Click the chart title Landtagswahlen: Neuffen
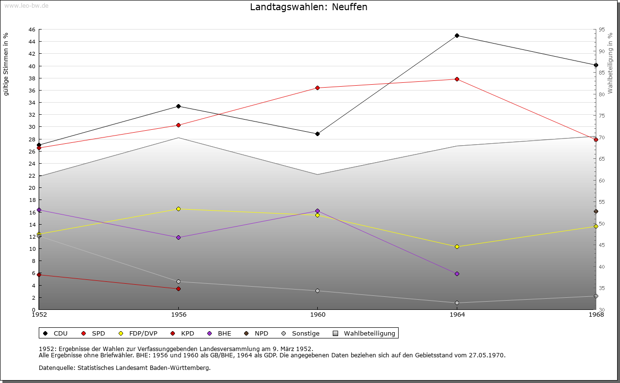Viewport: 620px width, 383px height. tap(309, 7)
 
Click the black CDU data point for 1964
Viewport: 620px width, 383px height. tap(457, 36)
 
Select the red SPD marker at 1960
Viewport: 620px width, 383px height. tap(317, 88)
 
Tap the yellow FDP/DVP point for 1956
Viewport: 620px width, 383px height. tap(178, 209)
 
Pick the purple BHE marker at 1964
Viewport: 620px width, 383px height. tap(457, 274)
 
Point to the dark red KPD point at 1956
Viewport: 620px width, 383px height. tap(178, 289)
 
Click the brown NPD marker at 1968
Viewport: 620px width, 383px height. tap(596, 212)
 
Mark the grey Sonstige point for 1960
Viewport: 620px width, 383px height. tap(317, 291)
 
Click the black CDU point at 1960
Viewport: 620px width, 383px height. tap(317, 134)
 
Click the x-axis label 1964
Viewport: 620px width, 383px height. tap(457, 315)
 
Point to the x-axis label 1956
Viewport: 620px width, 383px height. tap(178, 315)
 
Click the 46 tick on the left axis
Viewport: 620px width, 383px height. tap(32, 30)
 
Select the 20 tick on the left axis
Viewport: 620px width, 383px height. tap(32, 188)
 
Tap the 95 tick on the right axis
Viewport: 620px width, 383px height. tap(601, 30)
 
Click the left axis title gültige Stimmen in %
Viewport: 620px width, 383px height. tap(6, 64)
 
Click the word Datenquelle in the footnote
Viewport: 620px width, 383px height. tap(55, 368)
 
